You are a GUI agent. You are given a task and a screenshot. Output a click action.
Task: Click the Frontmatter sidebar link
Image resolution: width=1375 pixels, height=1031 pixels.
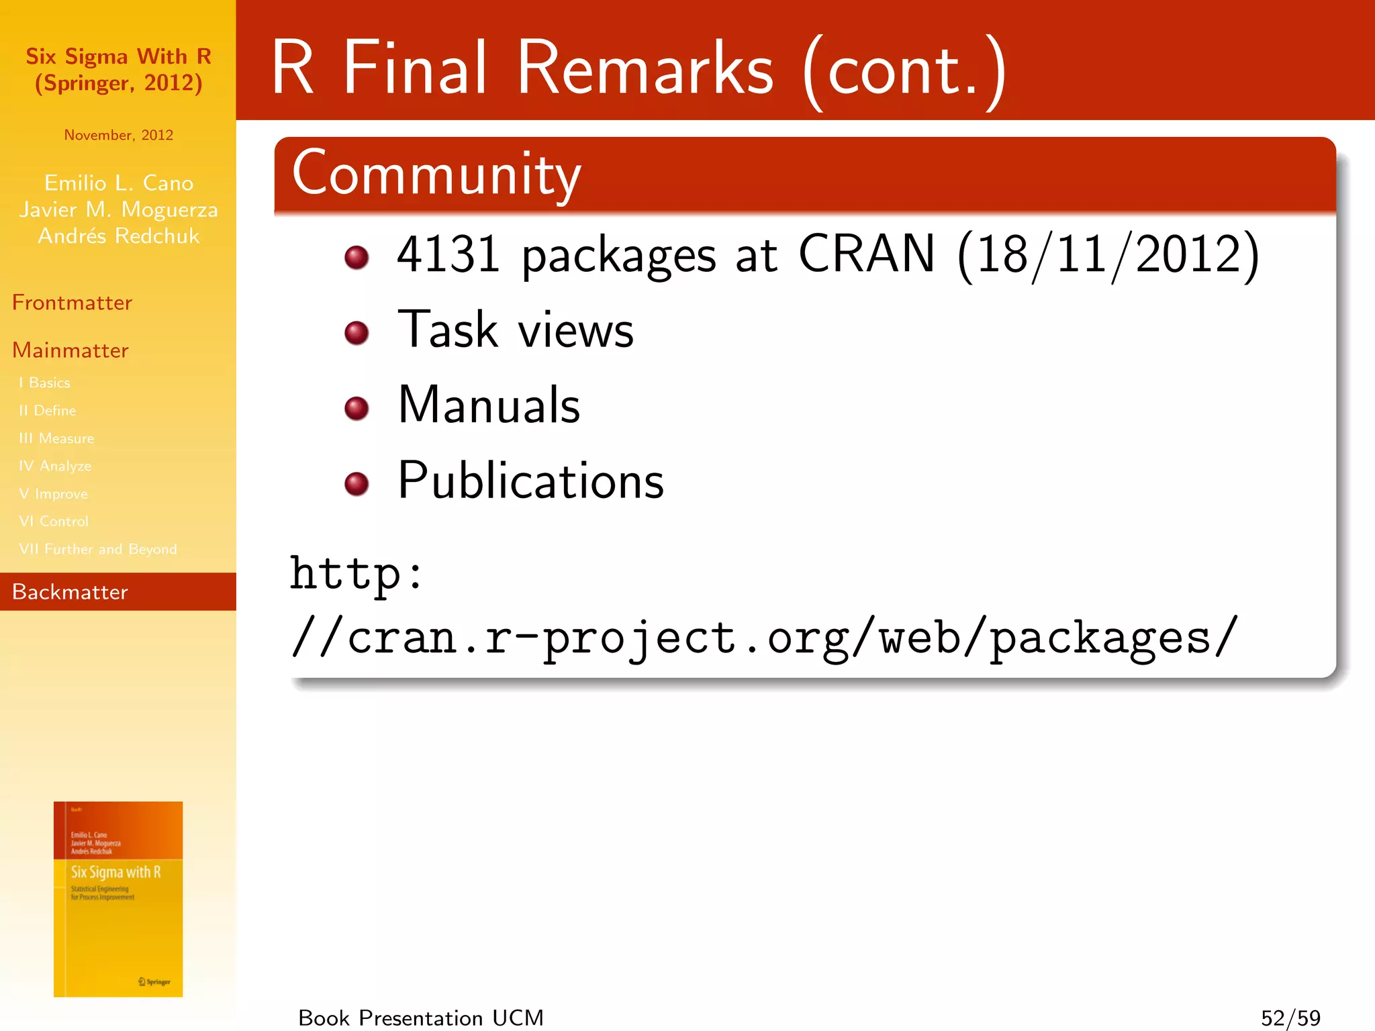coord(72,303)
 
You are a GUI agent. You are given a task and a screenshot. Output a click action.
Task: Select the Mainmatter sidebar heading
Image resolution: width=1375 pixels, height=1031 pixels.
coord(70,350)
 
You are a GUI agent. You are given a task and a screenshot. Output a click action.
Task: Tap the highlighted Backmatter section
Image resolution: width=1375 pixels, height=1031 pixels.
coord(70,592)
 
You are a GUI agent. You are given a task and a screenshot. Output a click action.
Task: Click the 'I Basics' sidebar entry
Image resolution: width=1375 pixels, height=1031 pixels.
coord(44,383)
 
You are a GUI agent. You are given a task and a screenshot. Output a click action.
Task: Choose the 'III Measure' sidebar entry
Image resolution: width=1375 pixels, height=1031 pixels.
coord(56,438)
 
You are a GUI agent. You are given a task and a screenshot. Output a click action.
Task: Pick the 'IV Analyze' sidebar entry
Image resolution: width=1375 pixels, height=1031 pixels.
coord(55,466)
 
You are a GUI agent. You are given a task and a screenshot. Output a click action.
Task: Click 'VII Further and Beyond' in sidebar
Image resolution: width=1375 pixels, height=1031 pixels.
coord(98,549)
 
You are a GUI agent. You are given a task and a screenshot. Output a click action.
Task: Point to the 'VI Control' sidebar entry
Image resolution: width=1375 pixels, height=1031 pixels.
coord(54,522)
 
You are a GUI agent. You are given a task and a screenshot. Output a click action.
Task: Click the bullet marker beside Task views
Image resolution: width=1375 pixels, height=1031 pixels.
coord(357,332)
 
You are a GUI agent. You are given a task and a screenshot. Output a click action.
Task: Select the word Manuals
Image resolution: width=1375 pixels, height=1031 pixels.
coord(489,405)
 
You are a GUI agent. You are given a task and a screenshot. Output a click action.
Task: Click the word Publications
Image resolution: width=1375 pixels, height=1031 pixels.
coord(530,481)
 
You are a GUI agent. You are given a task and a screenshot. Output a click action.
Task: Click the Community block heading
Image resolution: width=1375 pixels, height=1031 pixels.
coord(436,174)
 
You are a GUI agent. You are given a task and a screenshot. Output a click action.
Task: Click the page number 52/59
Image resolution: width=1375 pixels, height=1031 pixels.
coord(1290,1018)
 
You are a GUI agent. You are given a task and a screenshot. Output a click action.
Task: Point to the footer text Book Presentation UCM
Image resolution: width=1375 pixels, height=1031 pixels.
coord(421,1018)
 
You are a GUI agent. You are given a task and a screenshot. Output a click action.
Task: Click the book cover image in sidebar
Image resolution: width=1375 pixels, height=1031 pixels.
coord(118,899)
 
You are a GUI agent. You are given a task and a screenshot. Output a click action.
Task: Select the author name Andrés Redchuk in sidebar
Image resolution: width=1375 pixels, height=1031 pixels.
coord(119,236)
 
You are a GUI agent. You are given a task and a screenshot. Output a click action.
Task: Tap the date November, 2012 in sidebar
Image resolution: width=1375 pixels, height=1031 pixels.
coord(119,135)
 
